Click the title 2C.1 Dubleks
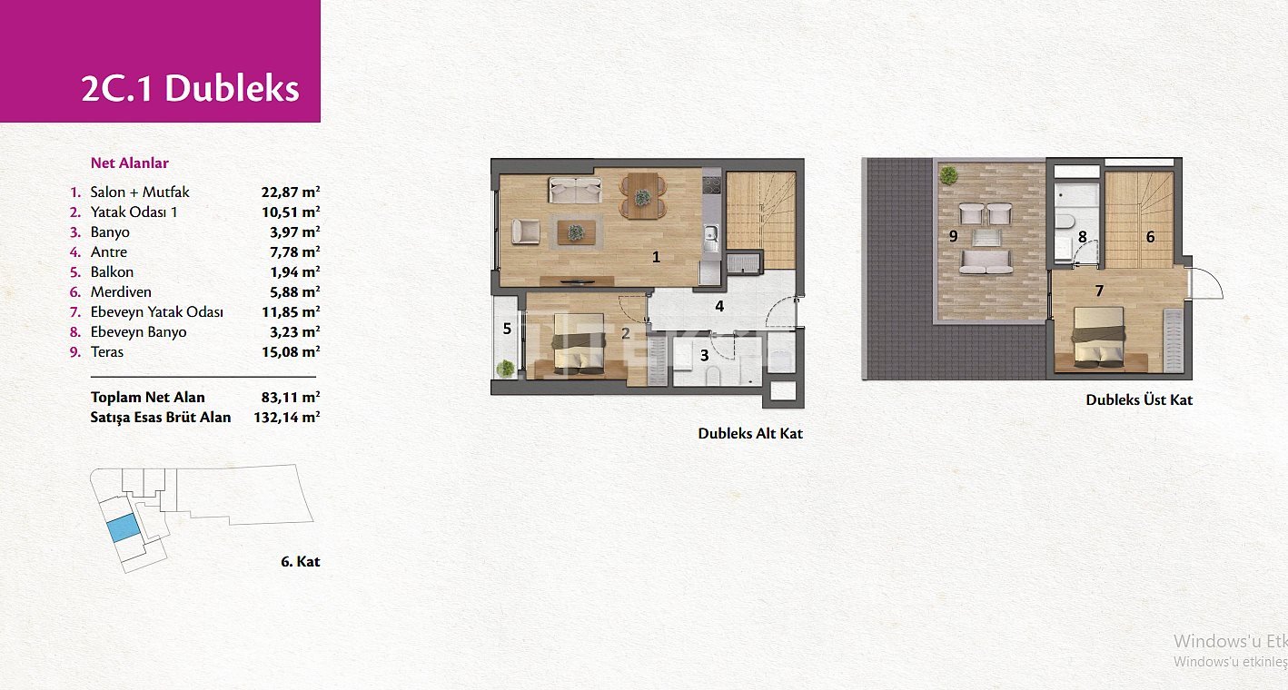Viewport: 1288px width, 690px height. click(191, 89)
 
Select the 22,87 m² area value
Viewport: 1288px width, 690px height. click(291, 192)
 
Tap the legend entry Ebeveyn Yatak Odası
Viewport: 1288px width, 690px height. click(156, 312)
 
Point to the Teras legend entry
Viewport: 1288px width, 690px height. click(107, 351)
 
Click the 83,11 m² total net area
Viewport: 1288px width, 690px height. click(291, 397)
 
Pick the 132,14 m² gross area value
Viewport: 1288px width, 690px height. click(286, 417)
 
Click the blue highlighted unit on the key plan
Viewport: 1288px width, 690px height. click(123, 528)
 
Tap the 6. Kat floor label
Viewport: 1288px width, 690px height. click(300, 561)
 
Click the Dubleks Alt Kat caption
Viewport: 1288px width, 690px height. click(749, 433)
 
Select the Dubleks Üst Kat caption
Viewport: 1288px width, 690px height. click(1139, 399)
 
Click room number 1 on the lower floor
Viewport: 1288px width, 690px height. click(656, 257)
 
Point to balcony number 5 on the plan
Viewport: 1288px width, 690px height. click(507, 329)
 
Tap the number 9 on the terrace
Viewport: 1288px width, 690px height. click(953, 236)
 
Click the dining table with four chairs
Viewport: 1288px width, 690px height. click(642, 196)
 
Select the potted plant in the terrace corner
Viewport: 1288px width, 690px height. click(947, 175)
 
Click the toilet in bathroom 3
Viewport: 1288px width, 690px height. click(713, 376)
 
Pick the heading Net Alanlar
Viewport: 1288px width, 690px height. click(129, 163)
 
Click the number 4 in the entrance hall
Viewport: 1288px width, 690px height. click(718, 306)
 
